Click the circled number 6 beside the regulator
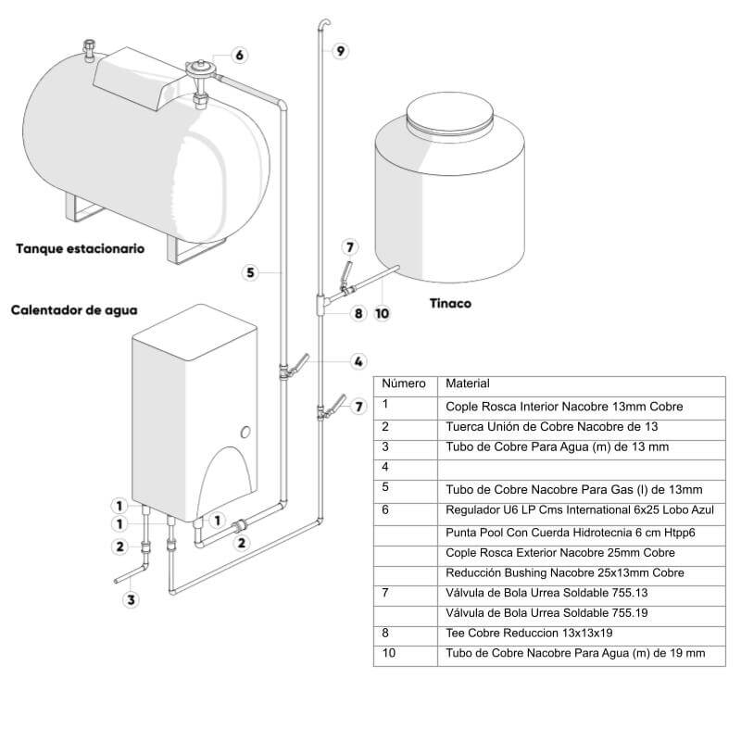pos(239,56)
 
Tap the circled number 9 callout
pos(341,51)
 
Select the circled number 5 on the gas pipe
pos(250,272)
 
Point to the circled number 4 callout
pos(358,360)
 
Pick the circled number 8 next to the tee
pos(359,313)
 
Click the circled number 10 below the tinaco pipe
pos(382,313)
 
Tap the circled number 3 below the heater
pos(132,599)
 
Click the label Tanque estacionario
pos(80,249)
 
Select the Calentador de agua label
pos(74,311)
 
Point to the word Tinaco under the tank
pos(451,303)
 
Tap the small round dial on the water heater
pos(245,432)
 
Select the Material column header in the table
pos(468,383)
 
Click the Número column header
pos(404,383)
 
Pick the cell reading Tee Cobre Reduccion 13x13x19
pos(529,634)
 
